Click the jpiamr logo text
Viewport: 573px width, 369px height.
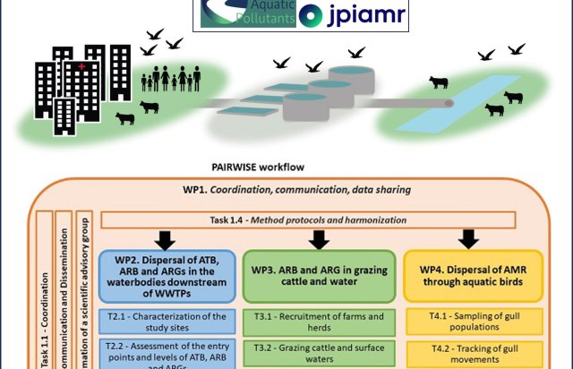[363, 15]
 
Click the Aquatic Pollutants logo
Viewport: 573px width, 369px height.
[247, 13]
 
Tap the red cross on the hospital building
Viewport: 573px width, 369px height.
[82, 68]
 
